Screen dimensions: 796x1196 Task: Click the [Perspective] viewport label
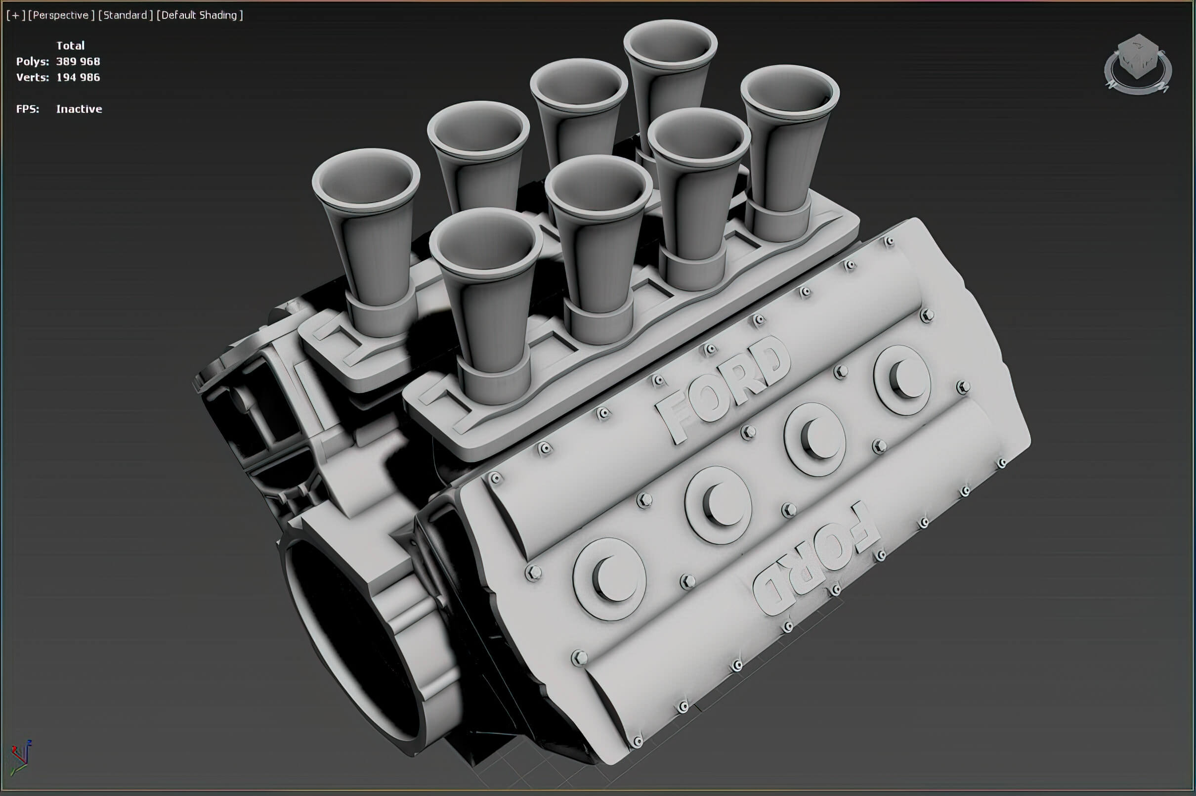coord(61,15)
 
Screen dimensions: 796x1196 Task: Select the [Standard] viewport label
coord(126,15)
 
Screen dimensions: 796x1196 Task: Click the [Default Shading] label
coord(200,15)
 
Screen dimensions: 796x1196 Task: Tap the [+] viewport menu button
coord(16,15)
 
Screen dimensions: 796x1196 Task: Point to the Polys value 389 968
coord(78,61)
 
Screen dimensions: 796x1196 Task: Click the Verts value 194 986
coord(78,77)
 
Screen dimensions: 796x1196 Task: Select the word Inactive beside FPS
coord(79,109)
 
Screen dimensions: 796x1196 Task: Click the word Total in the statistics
coord(70,45)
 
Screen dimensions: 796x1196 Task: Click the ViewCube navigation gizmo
coord(1138,63)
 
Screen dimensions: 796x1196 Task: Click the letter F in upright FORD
coord(672,417)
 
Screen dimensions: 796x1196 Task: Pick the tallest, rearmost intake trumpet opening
coord(670,48)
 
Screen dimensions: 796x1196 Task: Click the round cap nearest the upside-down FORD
coord(609,578)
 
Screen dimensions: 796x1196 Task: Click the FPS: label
coord(27,109)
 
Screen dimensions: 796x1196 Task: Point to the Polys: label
coord(33,61)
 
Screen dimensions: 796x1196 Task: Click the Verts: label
coord(33,77)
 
